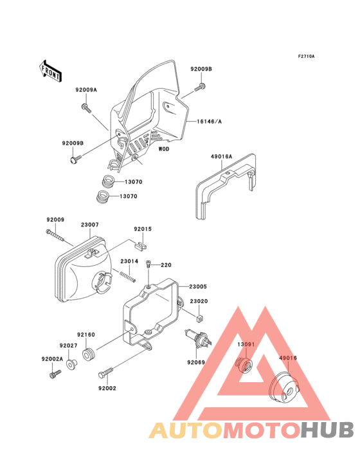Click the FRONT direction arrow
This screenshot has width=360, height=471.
tap(51, 69)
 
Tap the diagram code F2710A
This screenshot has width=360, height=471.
tap(305, 57)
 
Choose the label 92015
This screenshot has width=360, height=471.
tap(143, 229)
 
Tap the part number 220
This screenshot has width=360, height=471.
tap(166, 265)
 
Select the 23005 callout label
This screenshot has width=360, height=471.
tap(198, 287)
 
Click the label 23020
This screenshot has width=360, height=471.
tap(198, 301)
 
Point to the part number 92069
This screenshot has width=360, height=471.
tap(196, 363)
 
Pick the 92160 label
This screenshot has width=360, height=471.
tap(86, 335)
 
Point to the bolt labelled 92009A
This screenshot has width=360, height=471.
tap(85, 106)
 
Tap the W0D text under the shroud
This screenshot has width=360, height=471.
tap(164, 149)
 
